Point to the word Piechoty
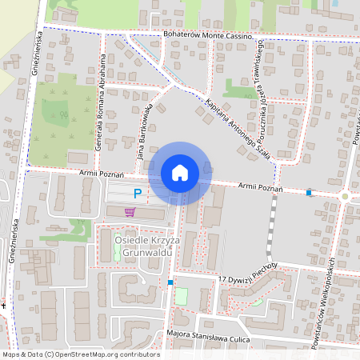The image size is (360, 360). pyautogui.click(x=261, y=265)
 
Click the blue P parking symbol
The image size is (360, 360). pyautogui.click(x=138, y=193)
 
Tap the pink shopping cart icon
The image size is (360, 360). pyautogui.click(x=130, y=212)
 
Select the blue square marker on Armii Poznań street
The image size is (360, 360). pyautogui.click(x=309, y=192)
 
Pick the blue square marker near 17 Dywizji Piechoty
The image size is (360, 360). pyautogui.click(x=170, y=282)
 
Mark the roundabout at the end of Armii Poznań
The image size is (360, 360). pyautogui.click(x=345, y=196)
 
